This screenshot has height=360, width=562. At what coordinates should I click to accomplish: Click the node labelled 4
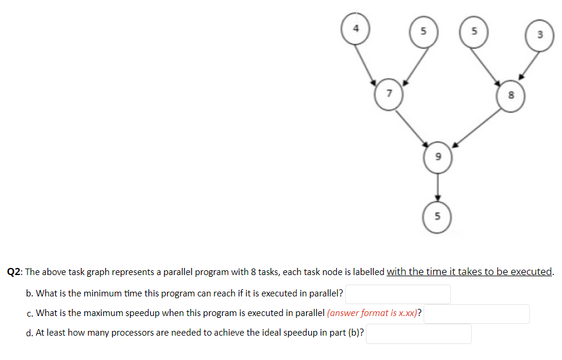(356, 29)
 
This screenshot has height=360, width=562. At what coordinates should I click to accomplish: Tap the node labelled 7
(389, 93)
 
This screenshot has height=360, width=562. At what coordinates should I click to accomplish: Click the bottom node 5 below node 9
(438, 216)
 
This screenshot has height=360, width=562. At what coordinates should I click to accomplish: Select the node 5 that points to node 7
(423, 31)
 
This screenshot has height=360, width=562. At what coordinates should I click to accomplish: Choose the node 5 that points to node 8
(473, 31)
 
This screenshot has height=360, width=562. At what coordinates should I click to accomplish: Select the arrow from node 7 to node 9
(412, 127)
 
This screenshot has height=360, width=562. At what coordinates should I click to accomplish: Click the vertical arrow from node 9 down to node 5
(438, 187)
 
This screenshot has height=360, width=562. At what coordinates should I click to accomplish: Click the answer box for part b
(398, 294)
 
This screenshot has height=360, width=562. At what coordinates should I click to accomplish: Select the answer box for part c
(476, 314)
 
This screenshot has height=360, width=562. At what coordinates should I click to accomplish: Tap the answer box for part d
(419, 333)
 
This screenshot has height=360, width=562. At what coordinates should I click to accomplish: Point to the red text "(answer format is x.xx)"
(372, 313)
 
